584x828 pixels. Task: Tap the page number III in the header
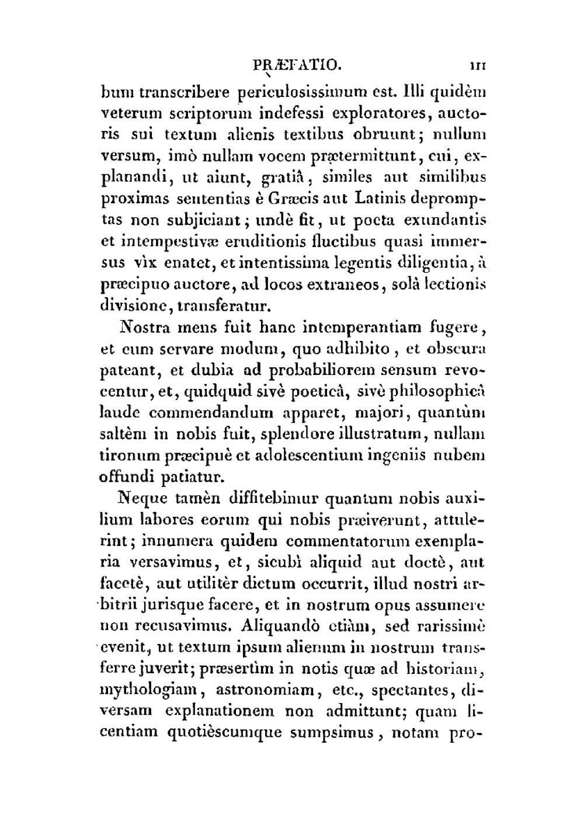[x=478, y=65]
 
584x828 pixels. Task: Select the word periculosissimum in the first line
[x=301, y=92]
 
